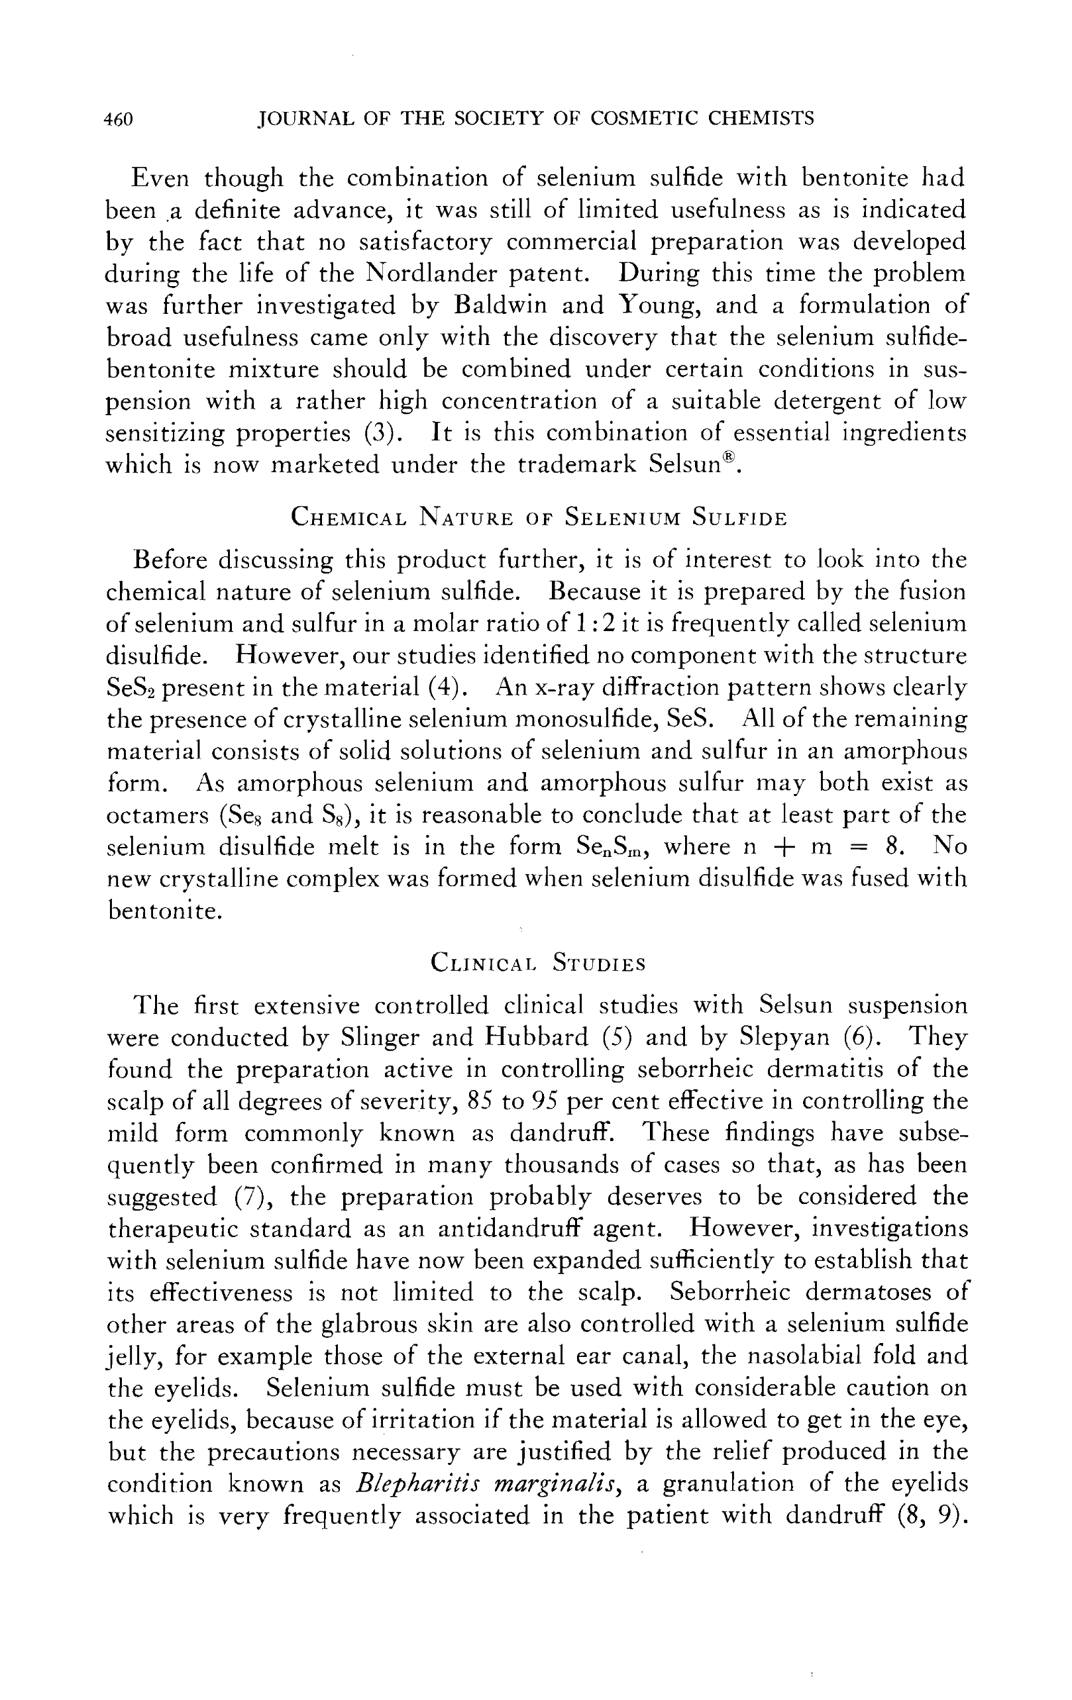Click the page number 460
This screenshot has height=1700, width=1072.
pyautogui.click(x=118, y=119)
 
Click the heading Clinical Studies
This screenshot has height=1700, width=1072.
pyautogui.click(x=537, y=963)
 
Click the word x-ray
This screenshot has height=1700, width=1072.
pyautogui.click(x=549, y=687)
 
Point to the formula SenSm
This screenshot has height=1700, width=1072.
pyautogui.click(x=608, y=847)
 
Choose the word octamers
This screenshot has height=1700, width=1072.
pyautogui.click(x=157, y=815)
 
